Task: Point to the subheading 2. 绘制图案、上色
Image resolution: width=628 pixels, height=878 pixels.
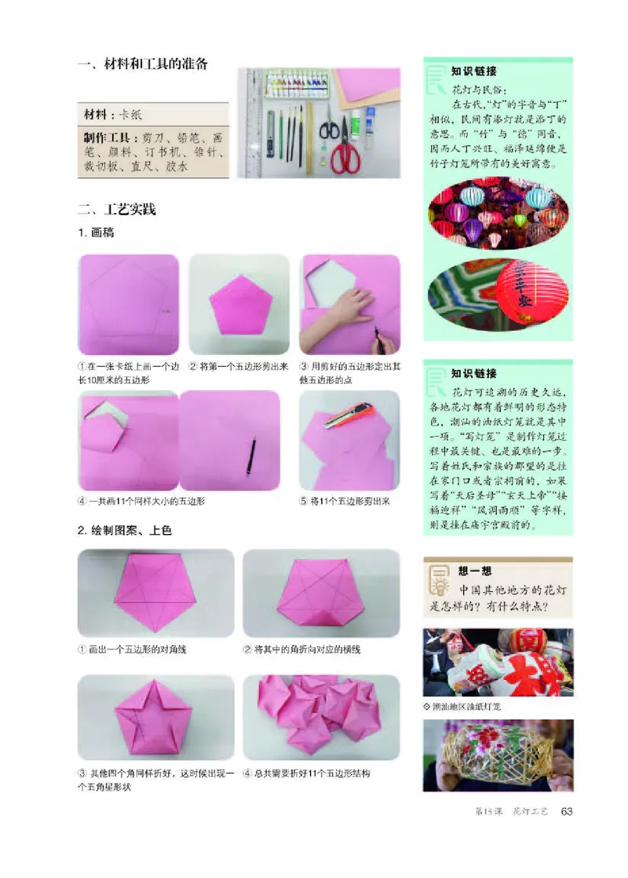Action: click(x=125, y=531)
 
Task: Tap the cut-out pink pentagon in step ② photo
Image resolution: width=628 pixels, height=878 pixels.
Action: click(x=242, y=305)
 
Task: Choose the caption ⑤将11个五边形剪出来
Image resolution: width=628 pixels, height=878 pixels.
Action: click(x=345, y=500)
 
